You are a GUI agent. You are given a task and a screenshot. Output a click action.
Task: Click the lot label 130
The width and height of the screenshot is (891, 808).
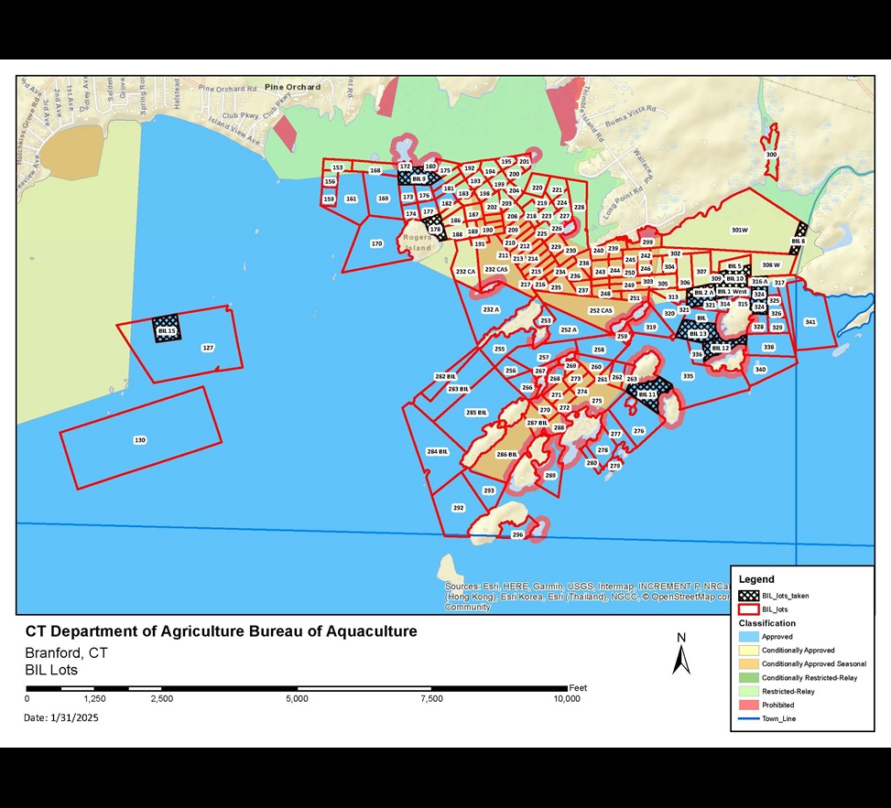tap(139, 440)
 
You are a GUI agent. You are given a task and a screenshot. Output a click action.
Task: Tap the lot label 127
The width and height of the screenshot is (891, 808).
tap(208, 348)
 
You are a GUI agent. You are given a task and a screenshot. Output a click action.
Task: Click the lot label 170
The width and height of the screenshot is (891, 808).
tap(376, 244)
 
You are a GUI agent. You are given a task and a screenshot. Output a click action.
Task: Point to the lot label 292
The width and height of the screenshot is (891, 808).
tap(458, 507)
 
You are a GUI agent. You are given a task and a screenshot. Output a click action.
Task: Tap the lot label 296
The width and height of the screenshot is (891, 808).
tap(517, 534)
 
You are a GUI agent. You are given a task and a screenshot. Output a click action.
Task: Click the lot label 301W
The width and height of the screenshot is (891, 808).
tap(740, 230)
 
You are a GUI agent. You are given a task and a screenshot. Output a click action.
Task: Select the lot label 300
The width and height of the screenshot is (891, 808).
tap(771, 155)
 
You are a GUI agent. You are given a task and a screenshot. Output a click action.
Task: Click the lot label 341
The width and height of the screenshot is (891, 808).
tap(810, 322)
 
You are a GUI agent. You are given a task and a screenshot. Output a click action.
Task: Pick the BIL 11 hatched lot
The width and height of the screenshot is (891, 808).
tap(647, 393)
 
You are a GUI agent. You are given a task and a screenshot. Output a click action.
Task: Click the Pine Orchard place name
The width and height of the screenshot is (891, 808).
tap(292, 87)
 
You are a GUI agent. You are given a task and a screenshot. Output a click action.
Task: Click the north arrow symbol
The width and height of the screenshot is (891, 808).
tap(680, 657)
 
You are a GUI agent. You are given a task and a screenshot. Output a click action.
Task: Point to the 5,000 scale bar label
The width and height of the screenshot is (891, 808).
tap(297, 699)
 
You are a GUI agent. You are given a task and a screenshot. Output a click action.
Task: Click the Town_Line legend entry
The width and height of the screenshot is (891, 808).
tap(777, 719)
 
